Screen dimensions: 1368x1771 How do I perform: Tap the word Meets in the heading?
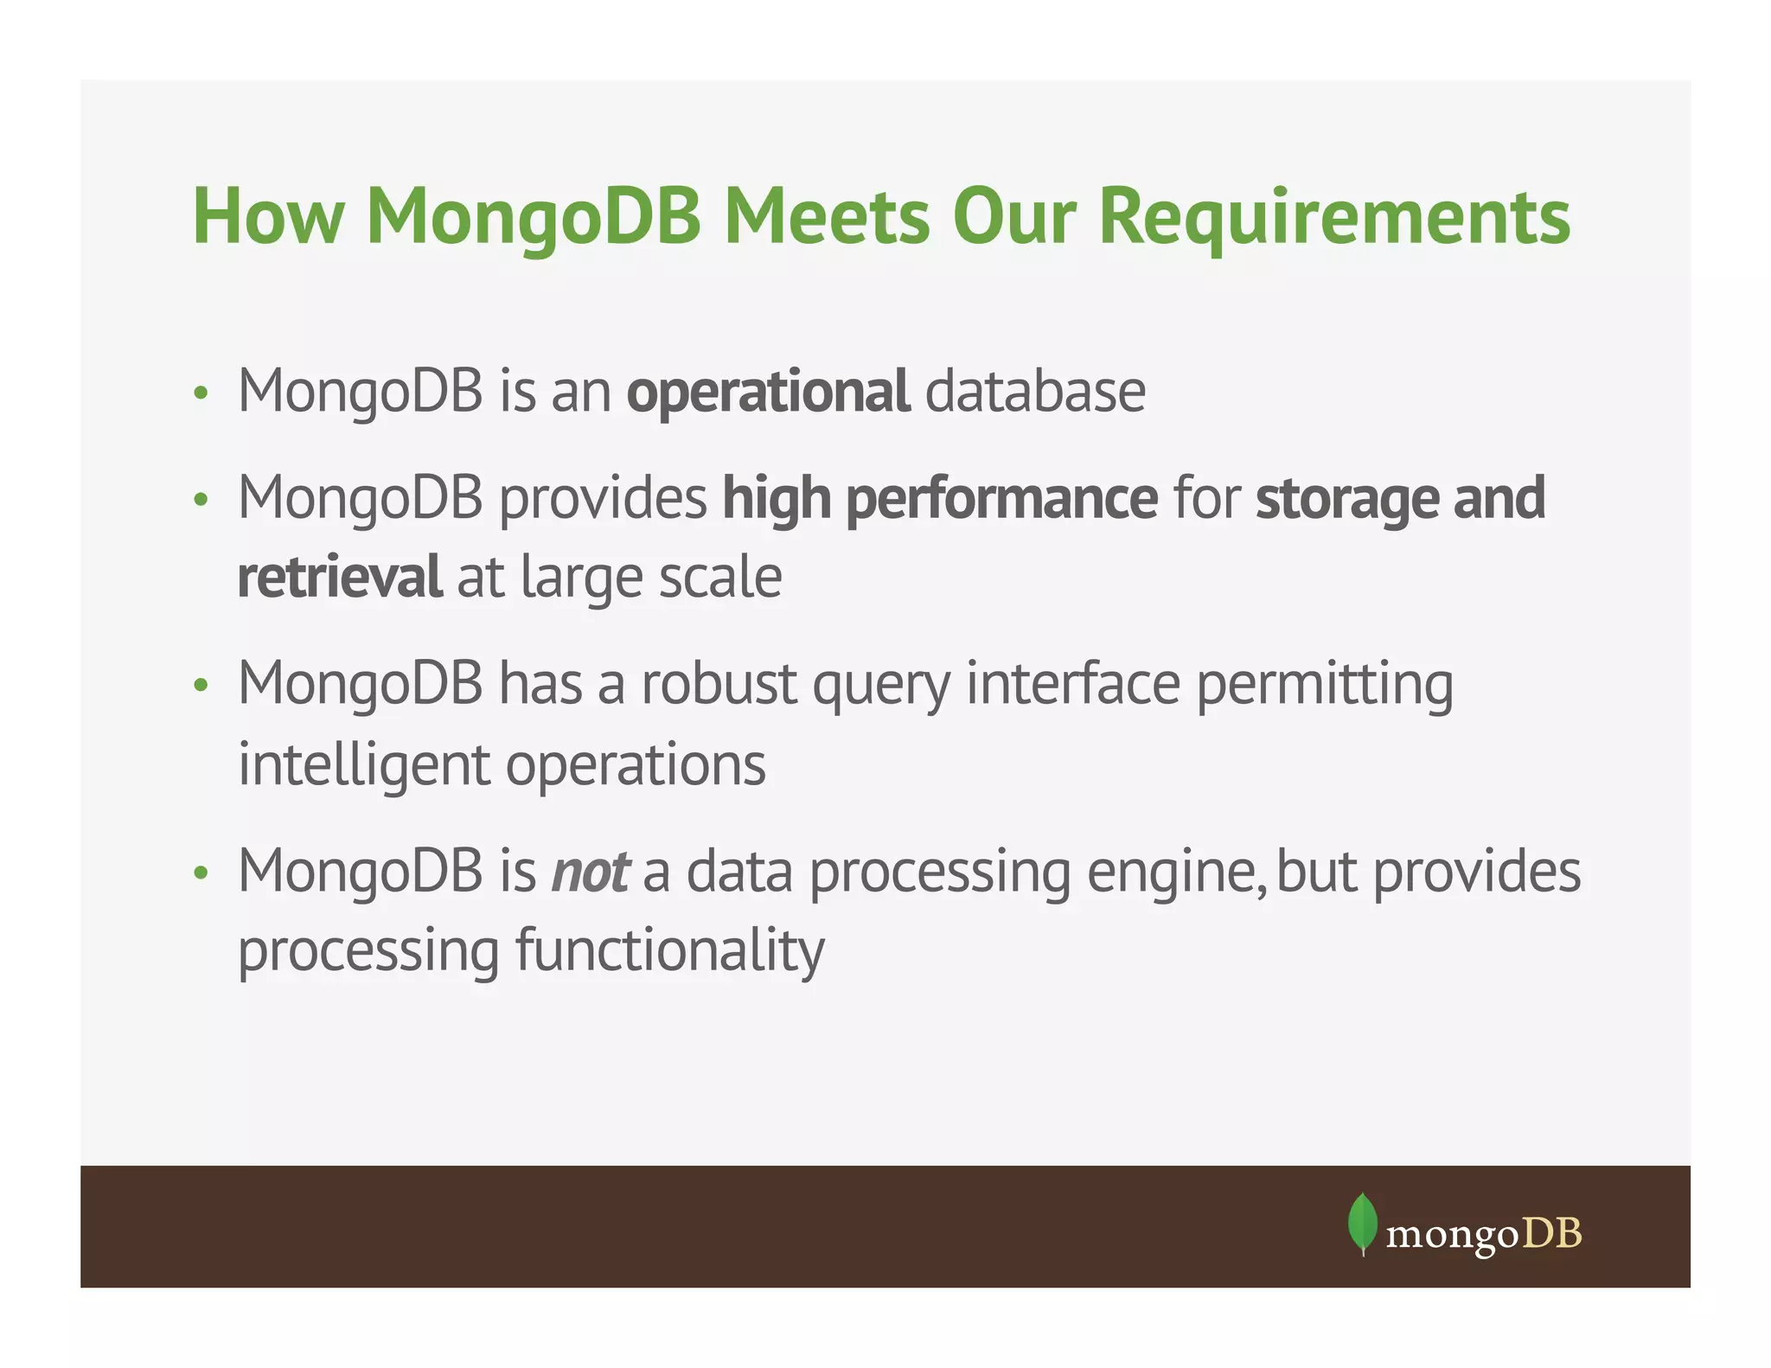pyautogui.click(x=827, y=217)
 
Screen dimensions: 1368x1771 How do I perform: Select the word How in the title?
pyautogui.click(x=268, y=217)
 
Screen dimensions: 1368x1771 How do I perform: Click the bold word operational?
pyautogui.click(x=768, y=392)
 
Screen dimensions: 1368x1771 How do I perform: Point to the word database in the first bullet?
pyautogui.click(x=1035, y=392)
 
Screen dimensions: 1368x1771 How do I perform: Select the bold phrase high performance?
pyautogui.click(x=940, y=499)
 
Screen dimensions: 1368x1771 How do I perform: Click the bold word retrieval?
pyautogui.click(x=339, y=578)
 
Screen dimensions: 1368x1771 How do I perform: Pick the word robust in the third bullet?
pyautogui.click(x=719, y=684)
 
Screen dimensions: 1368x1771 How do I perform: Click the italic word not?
pyautogui.click(x=591, y=872)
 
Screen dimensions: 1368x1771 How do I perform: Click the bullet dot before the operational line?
pyautogui.click(x=201, y=394)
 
